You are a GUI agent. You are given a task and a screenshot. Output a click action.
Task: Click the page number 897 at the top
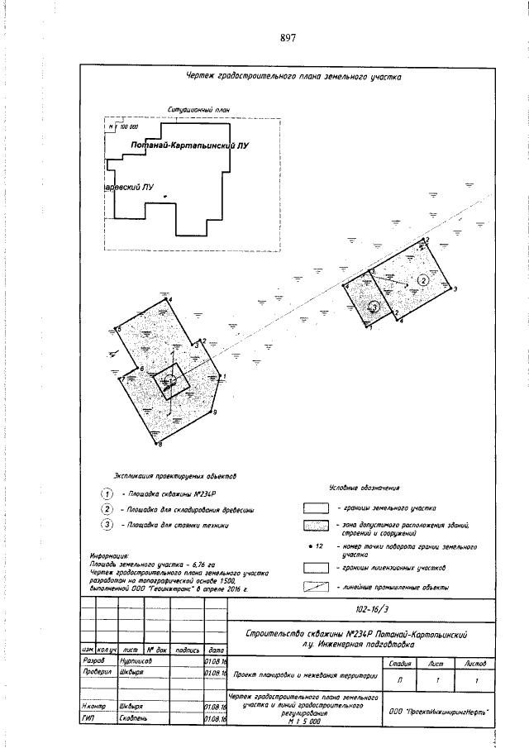click(288, 38)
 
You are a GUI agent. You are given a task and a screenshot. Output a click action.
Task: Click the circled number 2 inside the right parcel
click(423, 280)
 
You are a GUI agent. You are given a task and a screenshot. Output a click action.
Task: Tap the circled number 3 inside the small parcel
click(374, 307)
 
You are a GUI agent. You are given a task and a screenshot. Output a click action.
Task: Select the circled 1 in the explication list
click(107, 493)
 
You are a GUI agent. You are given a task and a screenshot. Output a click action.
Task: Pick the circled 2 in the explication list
click(107, 508)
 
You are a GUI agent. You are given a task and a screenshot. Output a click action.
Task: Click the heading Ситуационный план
click(198, 109)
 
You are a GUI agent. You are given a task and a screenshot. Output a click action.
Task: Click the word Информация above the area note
click(108, 556)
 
